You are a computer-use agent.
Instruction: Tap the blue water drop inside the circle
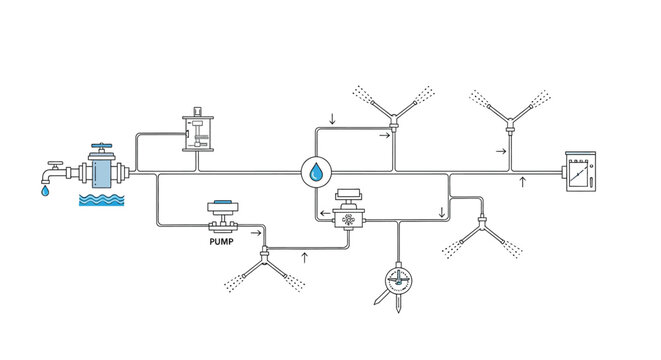[316, 173]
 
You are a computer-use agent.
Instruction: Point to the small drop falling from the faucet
[42, 191]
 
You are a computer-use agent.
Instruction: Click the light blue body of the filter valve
[103, 173]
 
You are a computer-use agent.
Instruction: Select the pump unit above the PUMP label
[223, 215]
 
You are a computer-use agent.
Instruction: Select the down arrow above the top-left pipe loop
[332, 120]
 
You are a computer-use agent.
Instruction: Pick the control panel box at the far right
[577, 174]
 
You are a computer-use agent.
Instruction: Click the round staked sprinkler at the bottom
[397, 277]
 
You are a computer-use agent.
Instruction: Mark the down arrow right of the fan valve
[441, 213]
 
